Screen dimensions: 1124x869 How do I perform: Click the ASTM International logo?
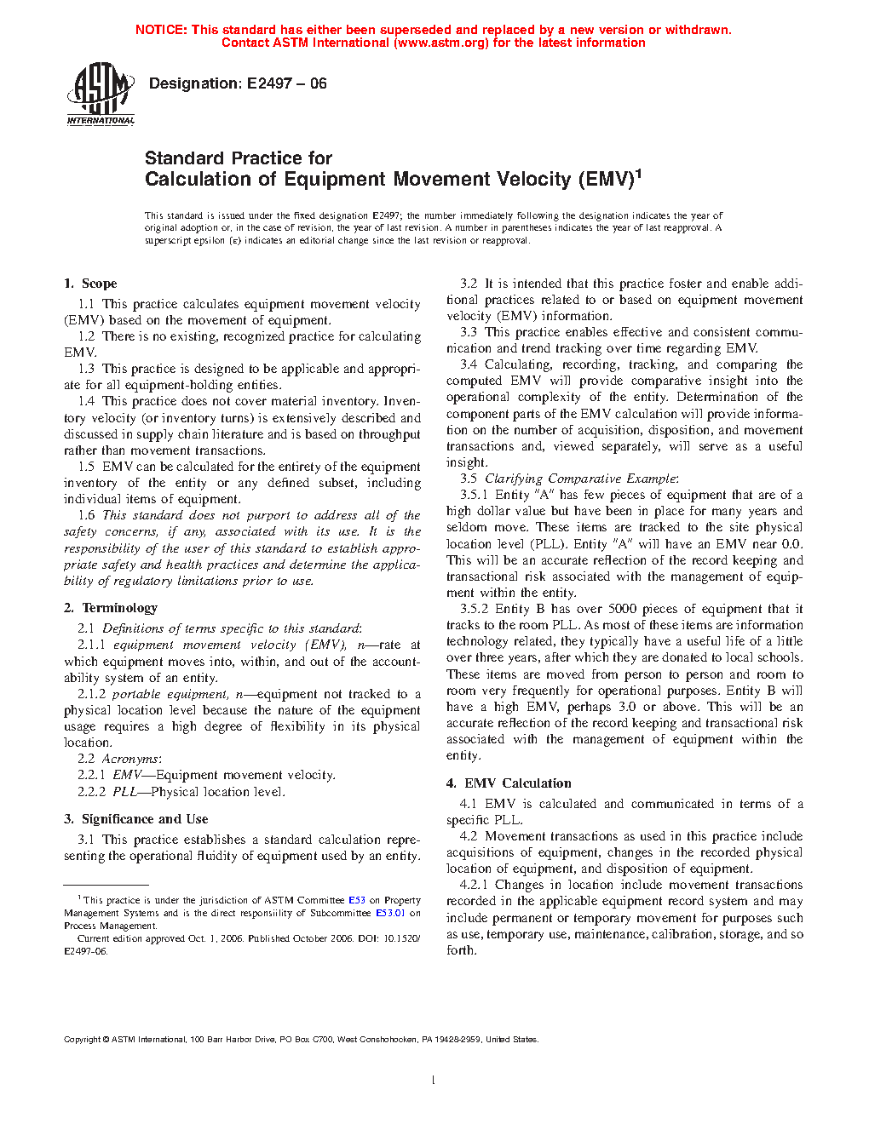[101, 95]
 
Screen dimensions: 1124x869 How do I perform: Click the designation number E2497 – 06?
[286, 83]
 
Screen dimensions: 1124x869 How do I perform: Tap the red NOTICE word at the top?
[161, 30]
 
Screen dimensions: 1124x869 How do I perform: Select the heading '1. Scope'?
[90, 284]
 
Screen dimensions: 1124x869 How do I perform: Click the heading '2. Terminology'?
[111, 608]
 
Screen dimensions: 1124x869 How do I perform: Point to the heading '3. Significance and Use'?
[135, 819]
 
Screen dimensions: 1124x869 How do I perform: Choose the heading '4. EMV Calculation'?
[509, 783]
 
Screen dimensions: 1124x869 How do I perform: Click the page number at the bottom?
[434, 1081]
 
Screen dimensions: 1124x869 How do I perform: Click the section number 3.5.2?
[474, 609]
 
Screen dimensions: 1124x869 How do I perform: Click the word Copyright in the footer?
[83, 1040]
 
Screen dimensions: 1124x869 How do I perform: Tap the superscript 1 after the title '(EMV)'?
[638, 173]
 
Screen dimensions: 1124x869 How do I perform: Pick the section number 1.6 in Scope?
[86, 515]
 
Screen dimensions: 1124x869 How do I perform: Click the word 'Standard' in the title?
[184, 158]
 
